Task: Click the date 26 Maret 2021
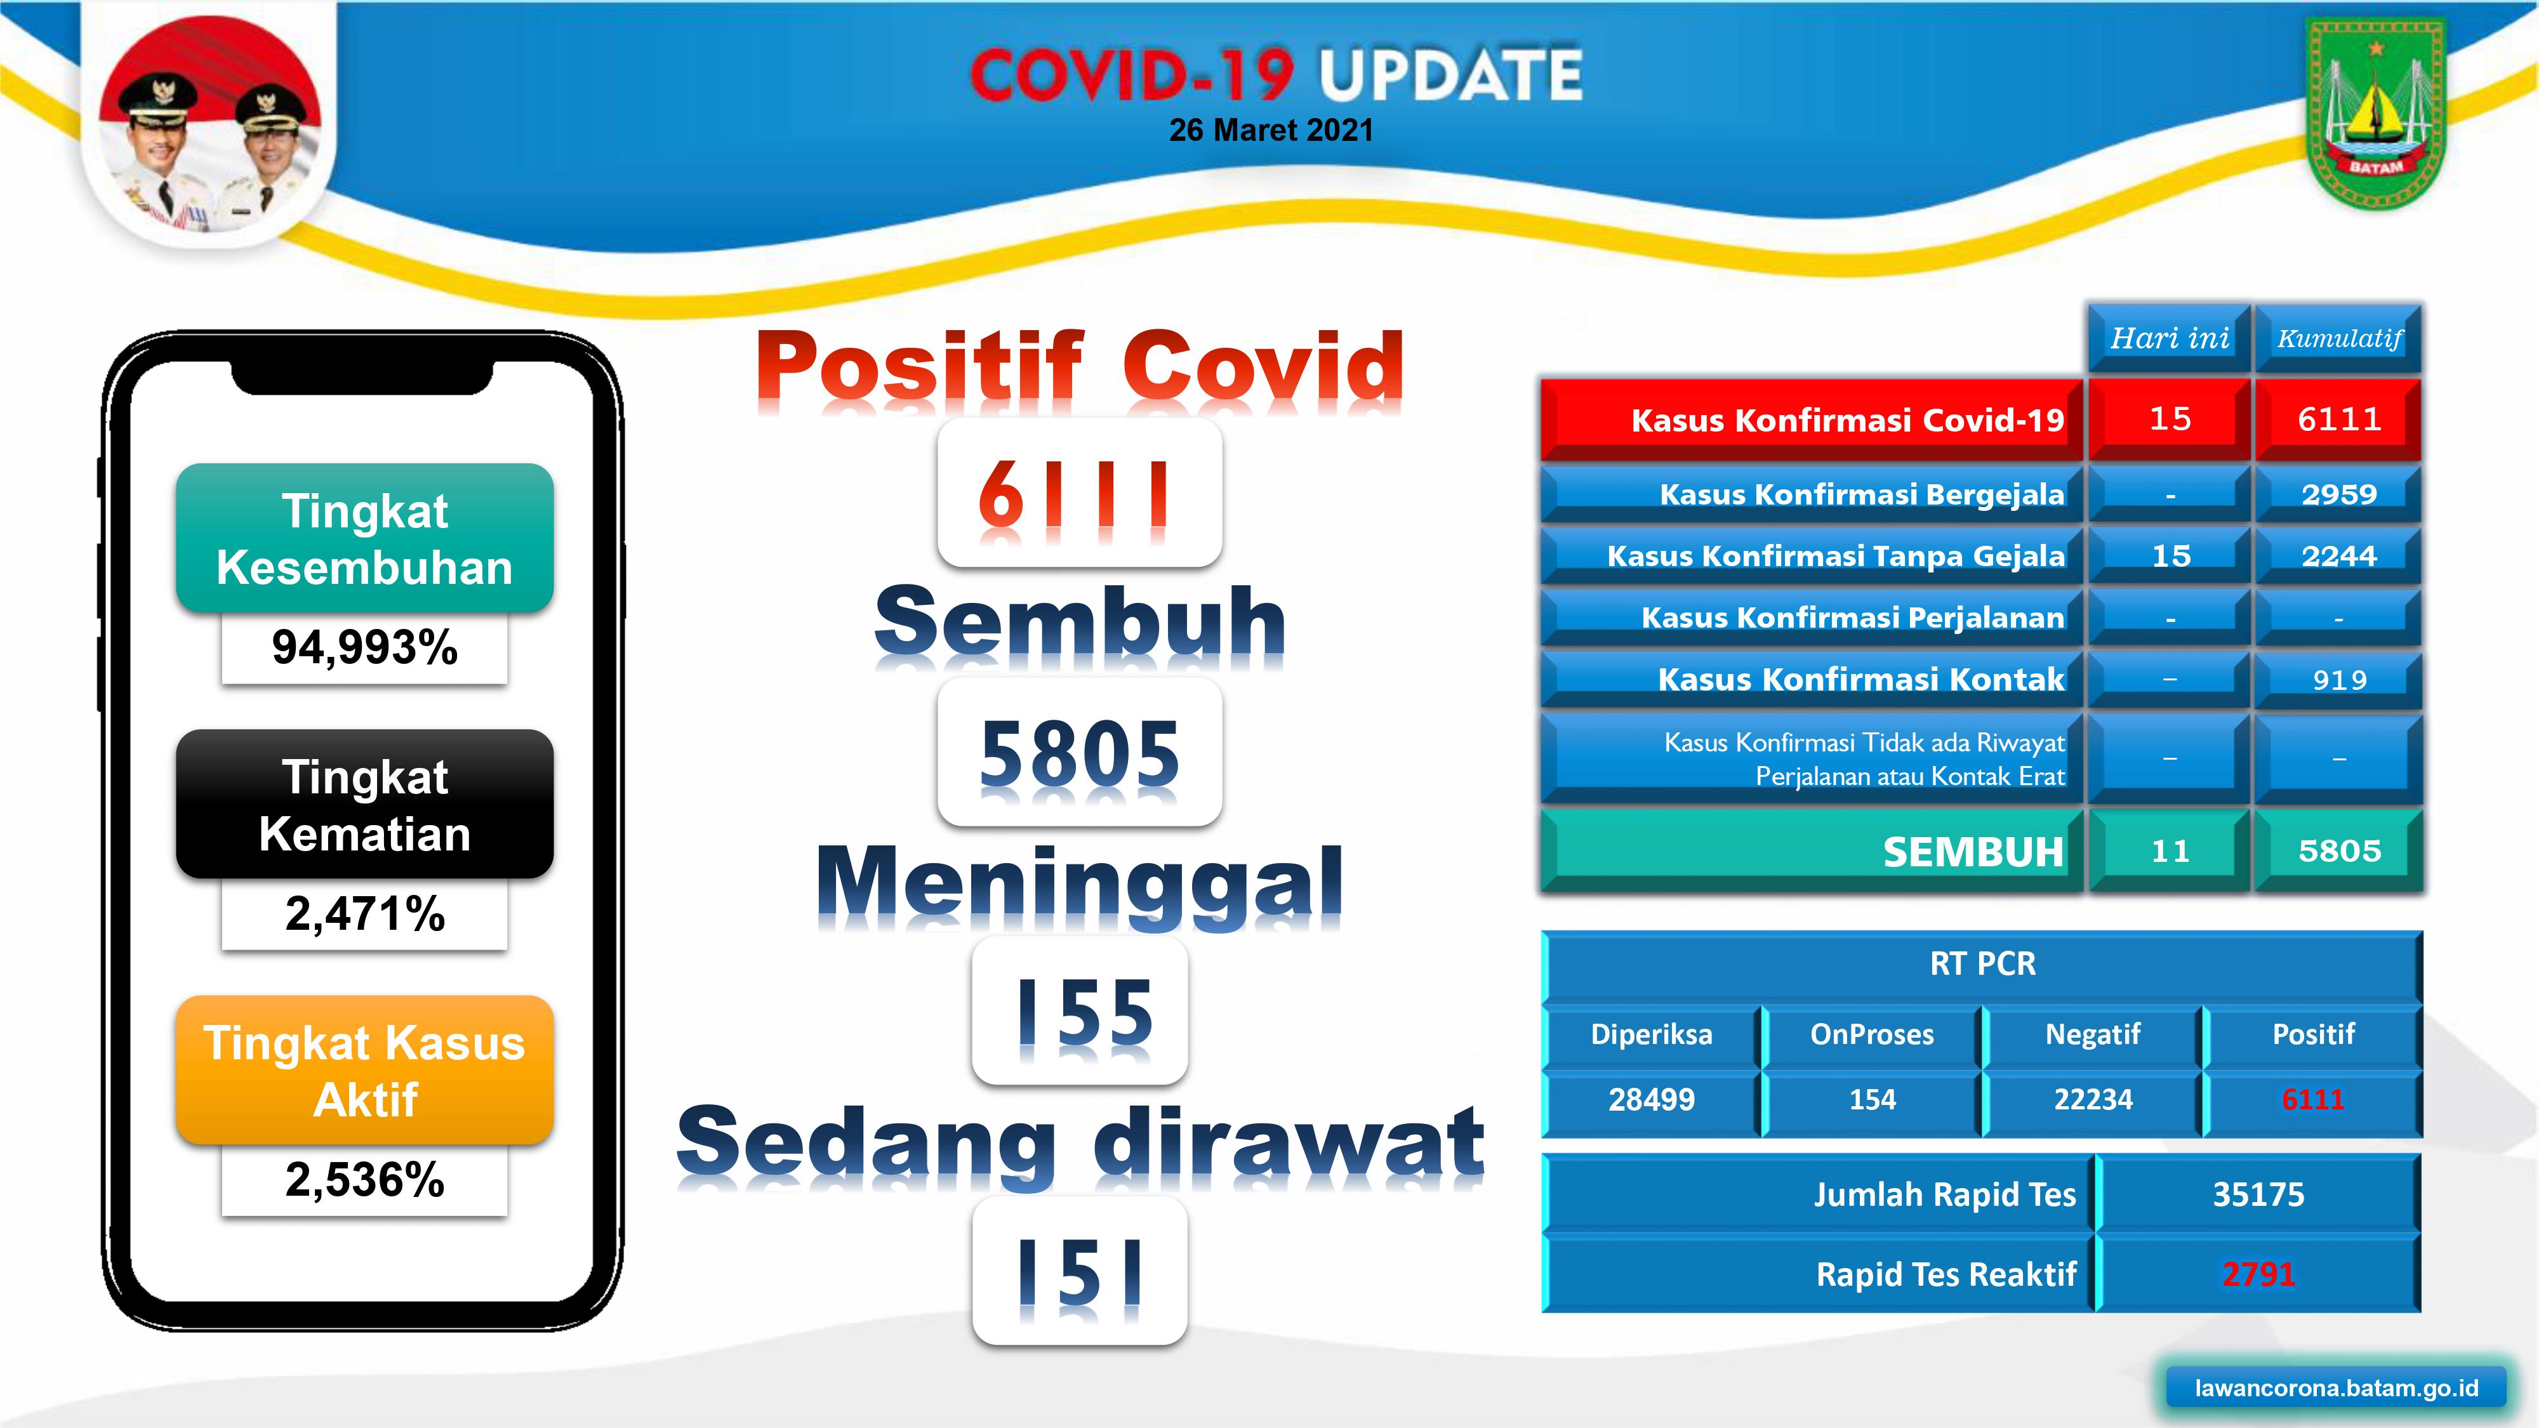coord(1271,130)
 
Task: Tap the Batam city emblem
coord(2375,114)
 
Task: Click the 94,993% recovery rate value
coord(365,647)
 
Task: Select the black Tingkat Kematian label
coord(365,804)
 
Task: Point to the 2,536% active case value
coord(365,1180)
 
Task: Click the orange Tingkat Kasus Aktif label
coord(365,1070)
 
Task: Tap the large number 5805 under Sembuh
coord(1079,753)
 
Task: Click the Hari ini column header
coord(2170,339)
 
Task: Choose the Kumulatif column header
coord(2339,339)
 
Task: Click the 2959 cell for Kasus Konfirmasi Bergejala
coord(2339,494)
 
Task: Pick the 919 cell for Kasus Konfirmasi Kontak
coord(2339,679)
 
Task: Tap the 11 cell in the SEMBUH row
coord(2170,850)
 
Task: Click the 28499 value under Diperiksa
coord(1651,1099)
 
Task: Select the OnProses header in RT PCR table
coord(1872,1035)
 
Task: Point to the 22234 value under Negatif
coord(2093,1099)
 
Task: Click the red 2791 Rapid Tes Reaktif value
coord(2258,1274)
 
